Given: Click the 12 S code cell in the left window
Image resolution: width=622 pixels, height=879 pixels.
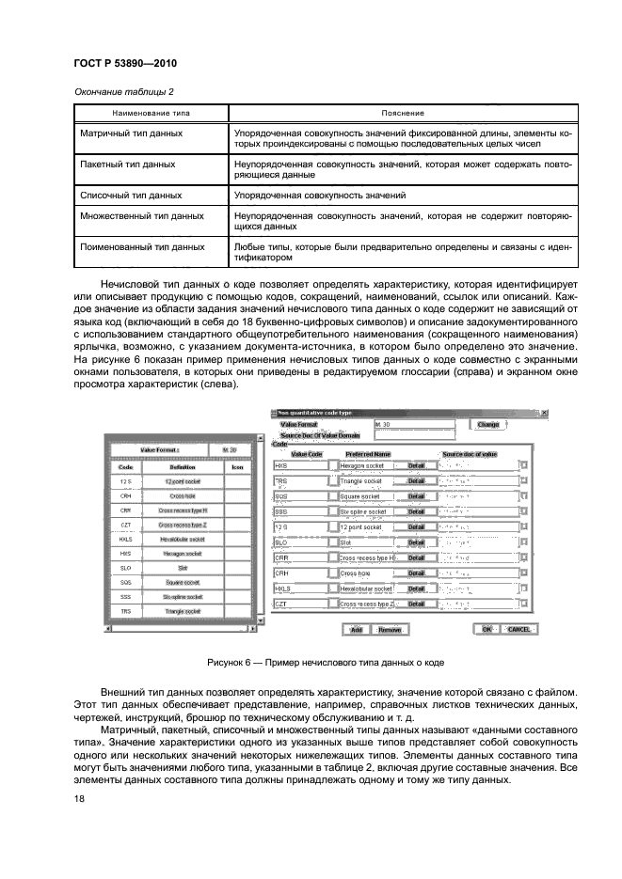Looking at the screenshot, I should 124,480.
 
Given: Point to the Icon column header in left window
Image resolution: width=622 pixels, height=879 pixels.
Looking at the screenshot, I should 236,465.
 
